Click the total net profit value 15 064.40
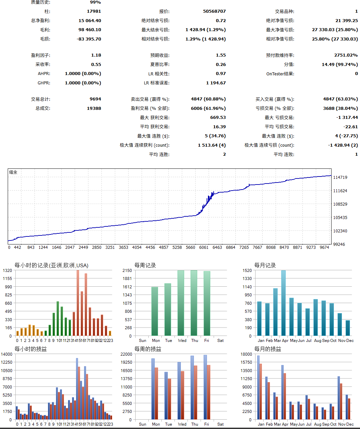pos(89,20)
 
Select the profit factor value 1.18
pos(96,55)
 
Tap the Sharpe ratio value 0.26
pos(221,64)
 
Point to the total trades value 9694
pos(95,99)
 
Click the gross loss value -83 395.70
pos(89,39)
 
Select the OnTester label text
pos(280,74)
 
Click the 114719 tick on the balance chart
pos(340,177)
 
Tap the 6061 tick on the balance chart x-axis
pos(204,247)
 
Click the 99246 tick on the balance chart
pos(339,244)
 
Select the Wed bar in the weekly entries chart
pos(181,303)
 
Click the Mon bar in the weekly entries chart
pos(155,311)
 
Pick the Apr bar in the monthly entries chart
pos(284,303)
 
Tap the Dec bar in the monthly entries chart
pos(348,328)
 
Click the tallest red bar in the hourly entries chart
pos(78,303)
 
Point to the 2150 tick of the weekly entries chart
pos(127,270)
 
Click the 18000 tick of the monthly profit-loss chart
pos(246,354)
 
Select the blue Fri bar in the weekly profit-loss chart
pos(205,387)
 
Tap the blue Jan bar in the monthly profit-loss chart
pos(258,387)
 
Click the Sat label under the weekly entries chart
pos(220,341)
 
